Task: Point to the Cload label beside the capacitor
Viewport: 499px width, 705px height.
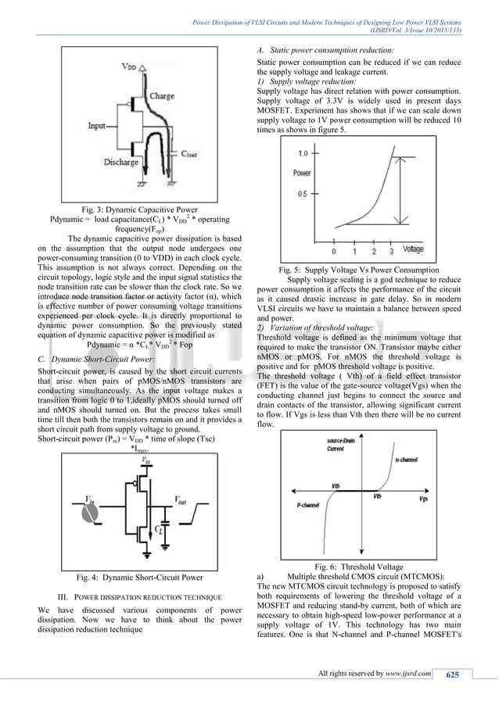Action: pyautogui.click(x=192, y=155)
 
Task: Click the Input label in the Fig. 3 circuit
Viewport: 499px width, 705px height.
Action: pyautogui.click(x=98, y=125)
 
